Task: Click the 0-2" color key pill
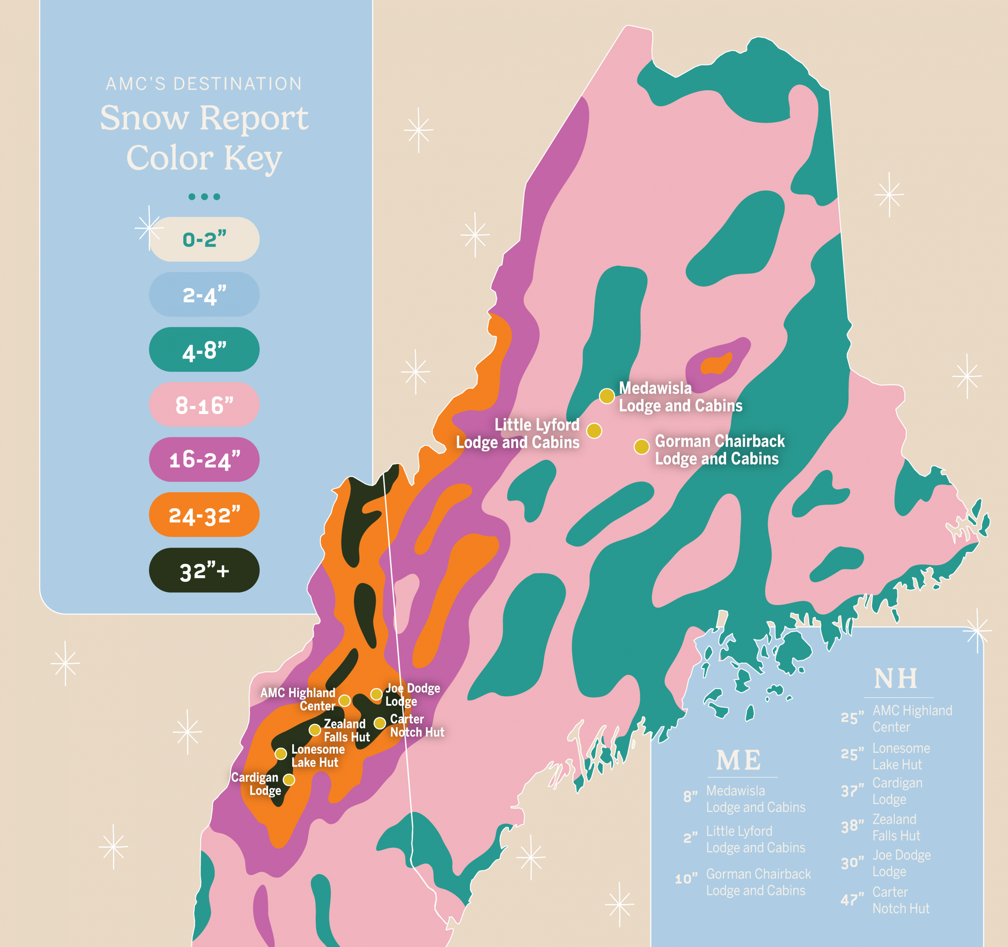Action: point(204,240)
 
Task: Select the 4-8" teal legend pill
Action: point(204,349)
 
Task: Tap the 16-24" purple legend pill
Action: point(204,460)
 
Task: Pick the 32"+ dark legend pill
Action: point(204,570)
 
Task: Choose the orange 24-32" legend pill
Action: point(204,515)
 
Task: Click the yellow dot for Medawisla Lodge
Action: point(606,396)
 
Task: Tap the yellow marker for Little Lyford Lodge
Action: point(594,431)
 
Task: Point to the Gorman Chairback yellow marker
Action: point(641,446)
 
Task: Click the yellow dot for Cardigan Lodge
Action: point(289,780)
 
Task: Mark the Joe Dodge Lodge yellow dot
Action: point(376,694)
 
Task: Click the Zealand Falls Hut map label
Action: point(346,730)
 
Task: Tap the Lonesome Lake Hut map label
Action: point(317,756)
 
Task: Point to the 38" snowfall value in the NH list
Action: point(852,827)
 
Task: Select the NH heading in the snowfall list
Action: point(896,679)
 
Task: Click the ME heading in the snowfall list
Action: point(739,760)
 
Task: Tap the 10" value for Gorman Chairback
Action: point(686,879)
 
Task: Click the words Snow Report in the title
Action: point(204,118)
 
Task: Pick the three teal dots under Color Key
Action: point(204,197)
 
